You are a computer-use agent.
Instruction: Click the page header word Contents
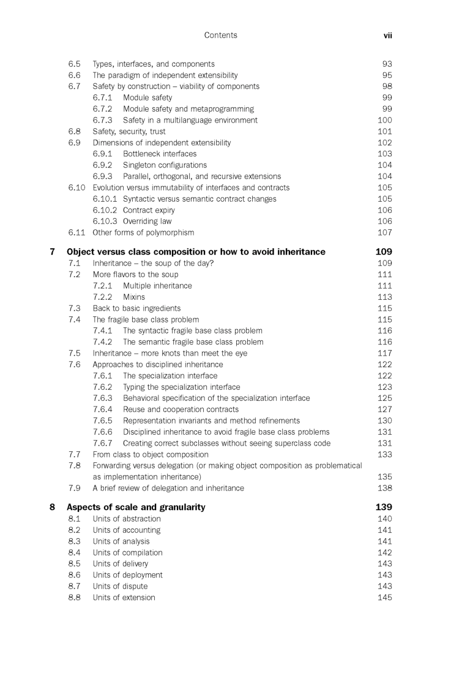click(x=220, y=36)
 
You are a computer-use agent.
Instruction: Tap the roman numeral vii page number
click(x=387, y=36)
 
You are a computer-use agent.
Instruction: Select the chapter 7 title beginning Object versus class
click(x=196, y=252)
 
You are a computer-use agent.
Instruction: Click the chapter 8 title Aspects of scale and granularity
click(x=136, y=507)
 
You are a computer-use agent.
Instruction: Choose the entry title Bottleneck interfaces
click(x=160, y=154)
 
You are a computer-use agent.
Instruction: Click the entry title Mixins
click(x=134, y=297)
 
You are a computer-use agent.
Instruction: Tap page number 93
click(x=387, y=64)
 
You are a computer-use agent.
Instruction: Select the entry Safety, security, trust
click(x=129, y=131)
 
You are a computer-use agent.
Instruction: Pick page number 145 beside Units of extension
click(x=385, y=598)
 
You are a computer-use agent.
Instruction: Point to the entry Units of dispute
click(x=120, y=586)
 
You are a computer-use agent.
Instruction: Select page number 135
click(x=385, y=477)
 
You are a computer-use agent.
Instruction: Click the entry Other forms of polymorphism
click(x=143, y=232)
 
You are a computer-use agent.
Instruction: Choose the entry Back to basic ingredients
click(x=136, y=308)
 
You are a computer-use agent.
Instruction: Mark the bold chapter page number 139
click(x=384, y=507)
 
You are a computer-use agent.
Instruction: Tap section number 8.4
click(x=74, y=552)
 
